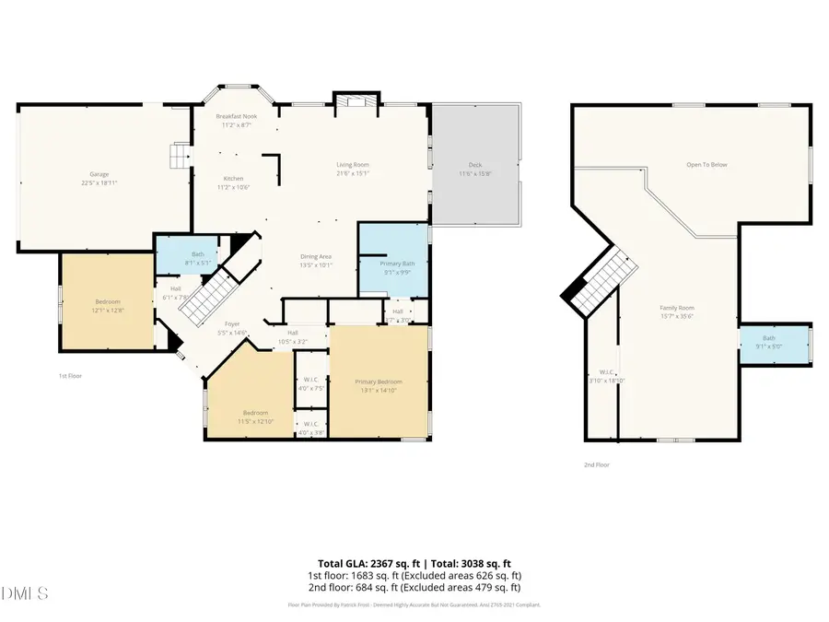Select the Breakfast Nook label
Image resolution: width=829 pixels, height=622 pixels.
click(x=237, y=121)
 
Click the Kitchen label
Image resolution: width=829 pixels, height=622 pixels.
click(x=234, y=182)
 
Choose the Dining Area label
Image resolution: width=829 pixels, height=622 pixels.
click(x=316, y=260)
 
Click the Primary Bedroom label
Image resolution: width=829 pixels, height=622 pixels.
click(x=379, y=386)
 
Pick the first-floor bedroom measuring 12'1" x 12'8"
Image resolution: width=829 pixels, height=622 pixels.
click(x=107, y=305)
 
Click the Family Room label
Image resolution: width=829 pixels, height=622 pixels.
click(x=677, y=311)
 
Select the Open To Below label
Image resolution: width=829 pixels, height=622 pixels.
click(x=706, y=165)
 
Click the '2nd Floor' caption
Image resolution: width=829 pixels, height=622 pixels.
click(x=597, y=464)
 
